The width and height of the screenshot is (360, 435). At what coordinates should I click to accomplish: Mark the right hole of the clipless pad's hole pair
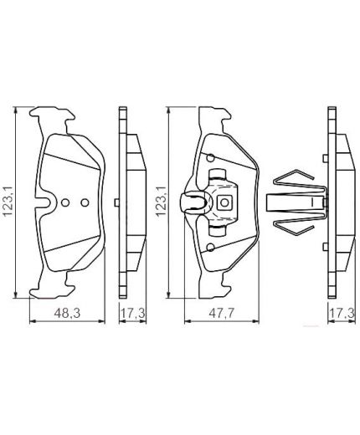(83, 202)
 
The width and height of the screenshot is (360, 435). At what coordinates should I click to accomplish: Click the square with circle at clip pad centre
(224, 202)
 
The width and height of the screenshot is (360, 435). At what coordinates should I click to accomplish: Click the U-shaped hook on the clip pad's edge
(195, 203)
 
